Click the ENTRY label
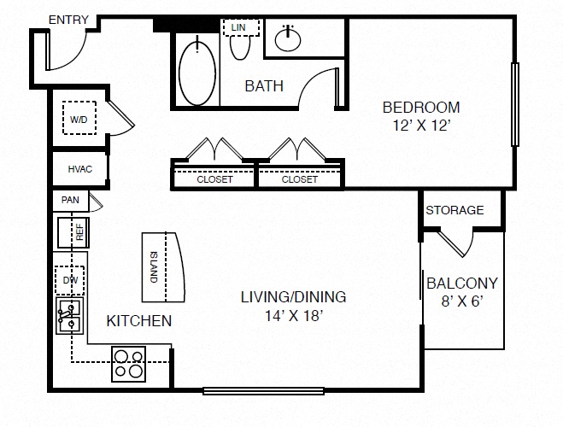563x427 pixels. tap(68, 20)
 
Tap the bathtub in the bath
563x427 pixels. tap(197, 73)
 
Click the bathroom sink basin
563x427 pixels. tap(288, 39)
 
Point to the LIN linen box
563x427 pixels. tap(241, 27)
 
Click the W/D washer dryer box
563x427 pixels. tap(79, 118)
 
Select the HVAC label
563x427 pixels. tap(80, 169)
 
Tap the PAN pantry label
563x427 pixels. tap(70, 200)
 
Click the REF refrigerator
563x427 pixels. tap(73, 232)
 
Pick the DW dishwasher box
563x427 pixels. tap(70, 280)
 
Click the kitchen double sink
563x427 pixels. tap(70, 316)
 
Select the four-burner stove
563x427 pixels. tap(128, 364)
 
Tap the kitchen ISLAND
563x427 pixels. tap(163, 267)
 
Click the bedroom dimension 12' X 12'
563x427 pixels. tap(421, 126)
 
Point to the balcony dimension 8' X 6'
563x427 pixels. tap(462, 301)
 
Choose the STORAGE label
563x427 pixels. tap(455, 210)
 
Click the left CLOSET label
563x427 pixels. tap(214, 179)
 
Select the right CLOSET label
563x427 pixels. tap(300, 179)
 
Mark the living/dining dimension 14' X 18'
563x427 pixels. tap(294, 316)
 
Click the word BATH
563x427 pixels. tap(264, 86)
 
